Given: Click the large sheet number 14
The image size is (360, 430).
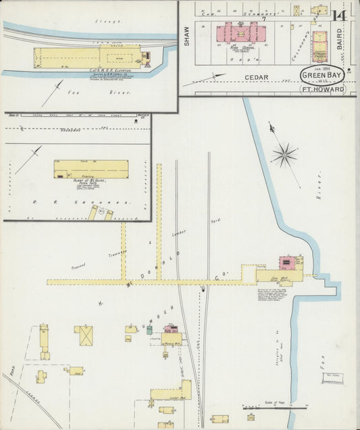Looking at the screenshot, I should point(340,16).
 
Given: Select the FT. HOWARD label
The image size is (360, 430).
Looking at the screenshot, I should point(322,89).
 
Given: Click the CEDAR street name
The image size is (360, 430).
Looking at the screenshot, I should point(257,78).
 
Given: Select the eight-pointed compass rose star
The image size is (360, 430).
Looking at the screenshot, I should point(284,155).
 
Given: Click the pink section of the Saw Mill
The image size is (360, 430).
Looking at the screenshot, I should point(287,262).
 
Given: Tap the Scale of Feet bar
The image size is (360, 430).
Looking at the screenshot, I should point(270,408).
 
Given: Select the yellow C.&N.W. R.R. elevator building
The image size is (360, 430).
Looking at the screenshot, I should point(88,57).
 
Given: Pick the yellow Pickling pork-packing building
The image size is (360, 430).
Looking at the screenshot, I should point(91,169).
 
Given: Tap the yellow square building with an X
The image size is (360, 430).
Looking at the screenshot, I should point(84,335).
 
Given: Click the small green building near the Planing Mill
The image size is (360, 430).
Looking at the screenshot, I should point(150,330).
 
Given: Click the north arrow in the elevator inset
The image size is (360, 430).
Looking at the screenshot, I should point(53,93).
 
